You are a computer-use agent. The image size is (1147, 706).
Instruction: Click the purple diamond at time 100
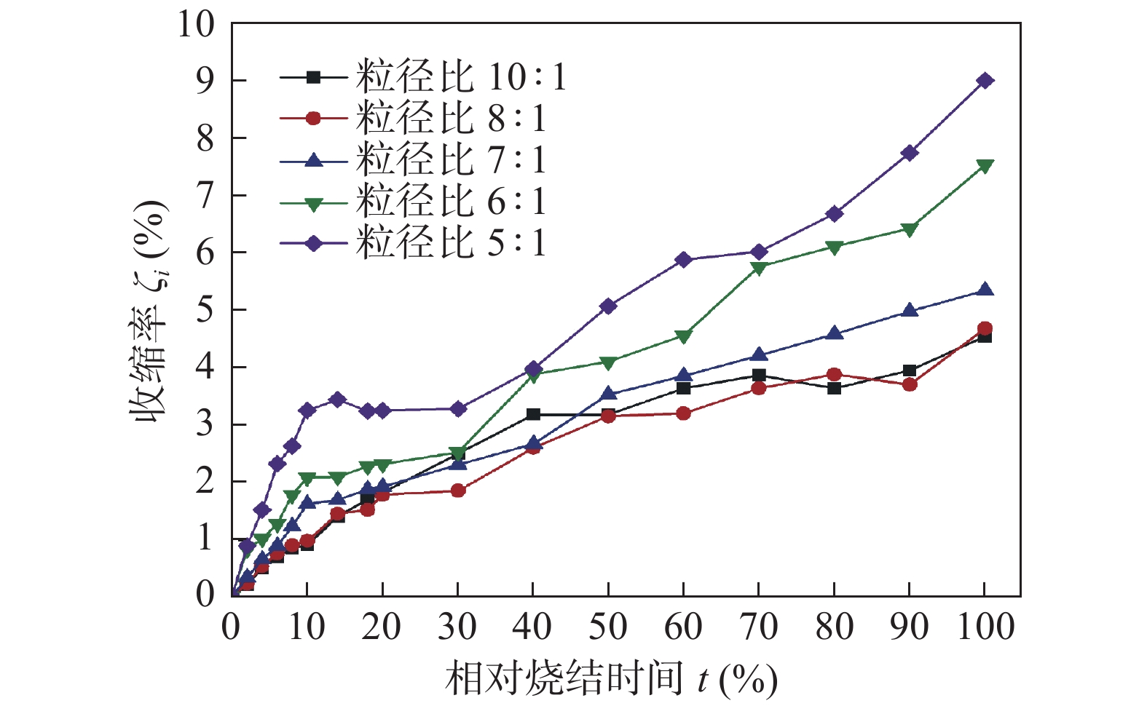(985, 81)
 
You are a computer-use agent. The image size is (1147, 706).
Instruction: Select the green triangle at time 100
(985, 166)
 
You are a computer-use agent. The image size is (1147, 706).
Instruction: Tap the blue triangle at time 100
(985, 290)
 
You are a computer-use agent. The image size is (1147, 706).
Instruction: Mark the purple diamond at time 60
(683, 260)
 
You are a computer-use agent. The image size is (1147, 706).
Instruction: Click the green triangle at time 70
(759, 268)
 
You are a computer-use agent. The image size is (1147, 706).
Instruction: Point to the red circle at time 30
(458, 491)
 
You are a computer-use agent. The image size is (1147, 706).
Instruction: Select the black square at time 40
(533, 415)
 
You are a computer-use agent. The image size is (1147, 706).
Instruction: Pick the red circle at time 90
(910, 384)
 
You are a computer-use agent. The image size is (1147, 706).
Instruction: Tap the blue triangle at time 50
(608, 394)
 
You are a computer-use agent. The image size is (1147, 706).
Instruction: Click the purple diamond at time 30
(458, 409)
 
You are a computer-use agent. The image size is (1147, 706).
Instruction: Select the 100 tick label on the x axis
(985, 627)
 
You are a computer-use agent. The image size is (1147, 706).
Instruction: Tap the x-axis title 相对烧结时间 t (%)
(610, 679)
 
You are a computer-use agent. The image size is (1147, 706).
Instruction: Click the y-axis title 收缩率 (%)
(149, 309)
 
